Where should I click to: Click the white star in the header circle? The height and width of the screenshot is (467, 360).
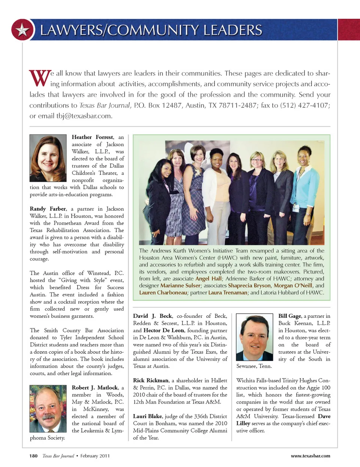point(22,30)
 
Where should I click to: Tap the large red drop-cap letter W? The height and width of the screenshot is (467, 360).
point(40,78)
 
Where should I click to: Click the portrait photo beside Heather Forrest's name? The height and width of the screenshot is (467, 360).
point(48,158)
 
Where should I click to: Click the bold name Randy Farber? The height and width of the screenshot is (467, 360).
point(48,209)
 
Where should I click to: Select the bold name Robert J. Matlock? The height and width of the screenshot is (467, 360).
point(95,388)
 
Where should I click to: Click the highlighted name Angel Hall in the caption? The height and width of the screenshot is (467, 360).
point(208,278)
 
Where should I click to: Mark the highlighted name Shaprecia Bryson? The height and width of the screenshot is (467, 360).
point(249,286)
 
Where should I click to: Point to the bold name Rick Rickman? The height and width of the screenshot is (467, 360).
point(151,380)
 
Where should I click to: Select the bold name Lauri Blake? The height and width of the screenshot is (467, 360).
point(147,416)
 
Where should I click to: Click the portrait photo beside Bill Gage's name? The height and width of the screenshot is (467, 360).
point(255,337)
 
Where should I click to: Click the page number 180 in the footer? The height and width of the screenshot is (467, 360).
point(33,456)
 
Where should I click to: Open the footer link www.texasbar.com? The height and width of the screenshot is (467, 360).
point(310,456)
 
